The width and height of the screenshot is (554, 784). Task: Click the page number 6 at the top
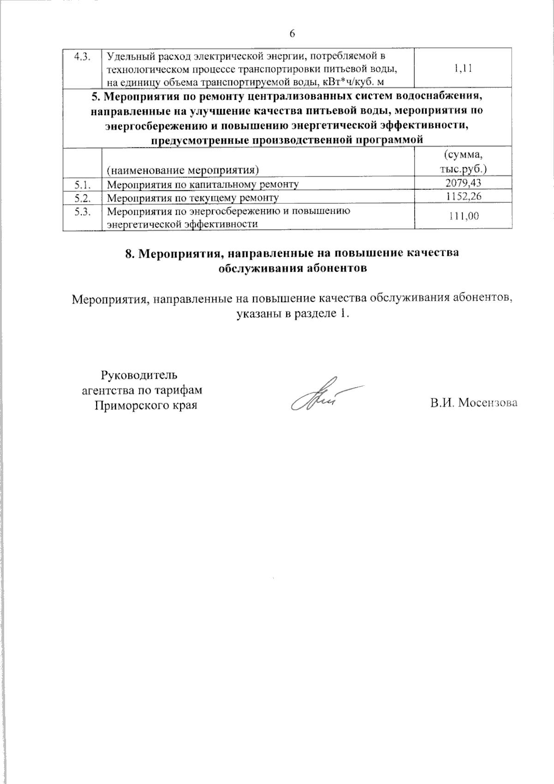[292, 33]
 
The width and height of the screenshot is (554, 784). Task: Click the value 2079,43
[463, 183]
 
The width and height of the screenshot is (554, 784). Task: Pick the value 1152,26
[463, 197]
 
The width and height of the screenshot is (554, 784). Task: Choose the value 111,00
[463, 216]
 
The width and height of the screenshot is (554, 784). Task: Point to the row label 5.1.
[82, 184]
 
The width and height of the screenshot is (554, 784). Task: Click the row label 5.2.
[82, 198]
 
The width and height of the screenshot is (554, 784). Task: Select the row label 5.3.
[82, 211]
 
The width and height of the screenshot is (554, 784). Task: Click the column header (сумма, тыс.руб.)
[463, 162]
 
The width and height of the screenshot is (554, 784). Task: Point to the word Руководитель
[139, 374]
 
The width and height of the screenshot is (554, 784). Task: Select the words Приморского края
[145, 406]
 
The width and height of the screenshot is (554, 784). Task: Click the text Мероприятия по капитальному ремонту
[203, 185]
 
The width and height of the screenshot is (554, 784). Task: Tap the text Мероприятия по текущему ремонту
[193, 198]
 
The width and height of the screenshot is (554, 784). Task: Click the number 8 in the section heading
[129, 254]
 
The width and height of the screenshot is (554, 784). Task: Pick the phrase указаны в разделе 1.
[292, 314]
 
